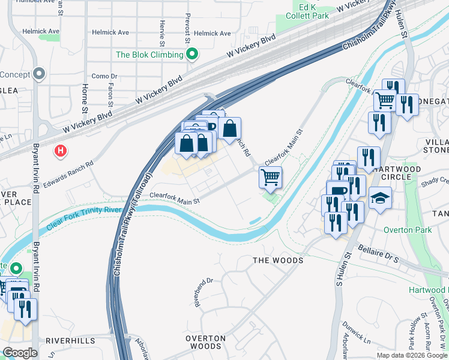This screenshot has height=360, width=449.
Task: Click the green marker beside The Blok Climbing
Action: pyautogui.click(x=192, y=55)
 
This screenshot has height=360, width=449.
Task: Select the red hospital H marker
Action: pyautogui.click(x=60, y=150)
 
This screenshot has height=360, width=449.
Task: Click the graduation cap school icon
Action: pyautogui.click(x=379, y=197)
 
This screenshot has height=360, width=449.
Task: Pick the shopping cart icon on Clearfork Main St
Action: pyautogui.click(x=270, y=177)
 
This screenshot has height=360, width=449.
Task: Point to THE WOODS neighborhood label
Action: pyautogui.click(x=277, y=260)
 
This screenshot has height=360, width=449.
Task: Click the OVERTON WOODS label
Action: pyautogui.click(x=205, y=343)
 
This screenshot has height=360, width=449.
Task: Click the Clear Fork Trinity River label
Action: pyautogui.click(x=84, y=223)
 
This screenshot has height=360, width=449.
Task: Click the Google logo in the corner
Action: pyautogui.click(x=20, y=353)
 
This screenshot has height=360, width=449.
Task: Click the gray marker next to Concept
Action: pyautogui.click(x=39, y=74)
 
